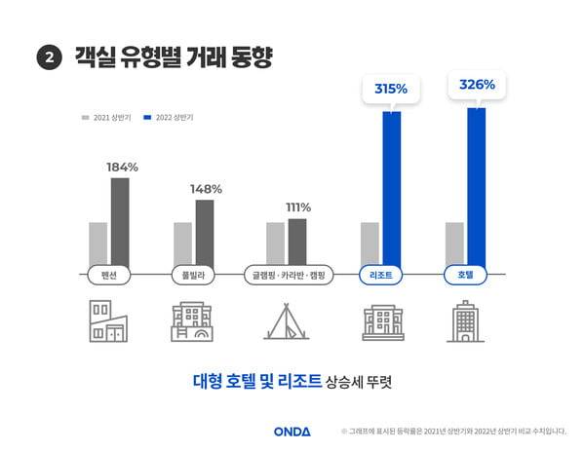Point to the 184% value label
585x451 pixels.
click(122, 167)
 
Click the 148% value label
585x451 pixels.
click(206, 188)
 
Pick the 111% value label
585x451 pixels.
click(296, 207)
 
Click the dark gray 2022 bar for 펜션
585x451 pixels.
click(120, 220)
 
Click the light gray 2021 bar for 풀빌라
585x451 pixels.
click(182, 243)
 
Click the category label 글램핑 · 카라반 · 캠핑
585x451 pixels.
click(290, 276)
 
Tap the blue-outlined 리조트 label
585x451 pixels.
click(381, 276)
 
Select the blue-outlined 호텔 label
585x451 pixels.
click(465, 276)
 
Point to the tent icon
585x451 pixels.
click(286, 320)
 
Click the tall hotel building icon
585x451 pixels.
click(465, 320)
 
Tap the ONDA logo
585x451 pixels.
click(292, 431)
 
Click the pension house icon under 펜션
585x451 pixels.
click(108, 320)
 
